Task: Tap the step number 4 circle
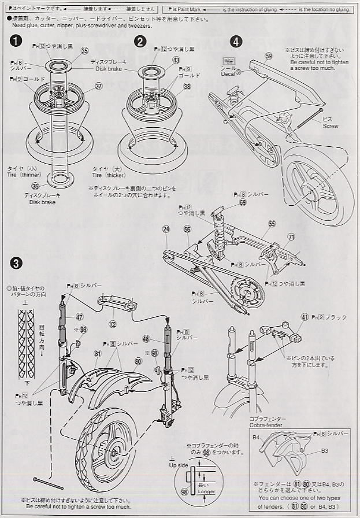pyautogui.click(x=236, y=42)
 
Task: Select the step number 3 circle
pyautogui.click(x=17, y=263)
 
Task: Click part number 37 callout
pyautogui.click(x=98, y=86)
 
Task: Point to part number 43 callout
pyautogui.click(x=176, y=60)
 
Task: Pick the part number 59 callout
pyautogui.click(x=268, y=55)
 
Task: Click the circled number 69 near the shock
pyautogui.click(x=243, y=202)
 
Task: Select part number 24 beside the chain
pyautogui.click(x=166, y=230)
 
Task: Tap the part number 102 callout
pyautogui.click(x=112, y=323)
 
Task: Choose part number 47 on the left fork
pyautogui.click(x=80, y=317)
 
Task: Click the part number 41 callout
pyautogui.click(x=305, y=317)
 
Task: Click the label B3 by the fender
pyautogui.click(x=324, y=450)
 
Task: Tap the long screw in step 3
pyautogui.click(x=50, y=484)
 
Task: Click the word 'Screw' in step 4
pyautogui.click(x=331, y=125)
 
